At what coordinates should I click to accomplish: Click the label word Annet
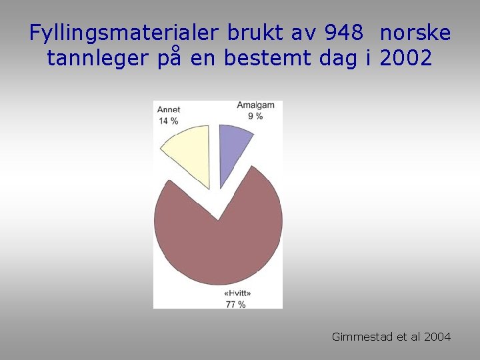tap(169, 110)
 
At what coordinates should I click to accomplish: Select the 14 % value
tap(169, 121)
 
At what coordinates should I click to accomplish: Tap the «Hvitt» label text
tap(237, 293)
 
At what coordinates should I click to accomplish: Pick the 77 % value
tap(236, 304)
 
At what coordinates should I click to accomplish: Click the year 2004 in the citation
tap(436, 337)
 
